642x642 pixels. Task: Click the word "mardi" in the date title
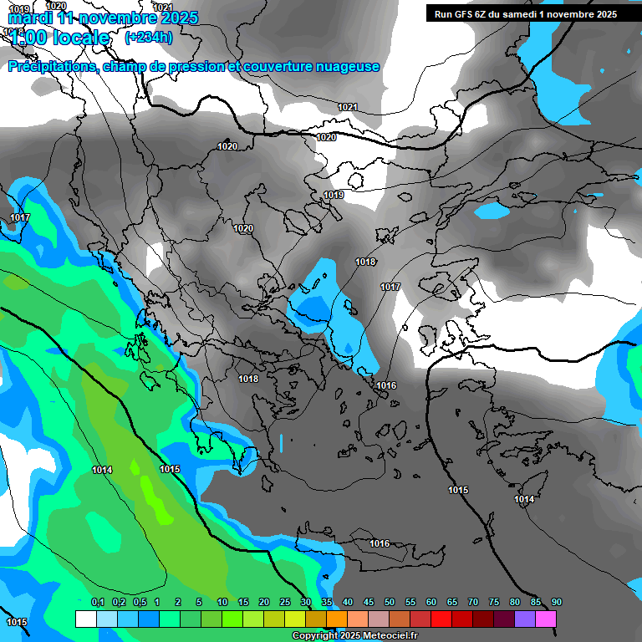point(30,18)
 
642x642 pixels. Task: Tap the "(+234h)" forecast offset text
point(149,37)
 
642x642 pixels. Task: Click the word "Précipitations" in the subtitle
point(51,67)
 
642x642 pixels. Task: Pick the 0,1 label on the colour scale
point(97,603)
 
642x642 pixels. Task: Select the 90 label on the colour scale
point(556,603)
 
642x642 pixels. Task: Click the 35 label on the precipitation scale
point(326,603)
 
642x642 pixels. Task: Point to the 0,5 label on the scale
point(139,603)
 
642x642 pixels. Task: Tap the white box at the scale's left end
point(85,619)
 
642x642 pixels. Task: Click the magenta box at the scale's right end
point(546,619)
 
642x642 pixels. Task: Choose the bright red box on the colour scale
point(441,619)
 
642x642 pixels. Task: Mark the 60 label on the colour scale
point(431,603)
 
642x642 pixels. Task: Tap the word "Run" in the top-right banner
point(443,14)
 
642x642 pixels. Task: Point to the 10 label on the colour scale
point(222,603)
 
